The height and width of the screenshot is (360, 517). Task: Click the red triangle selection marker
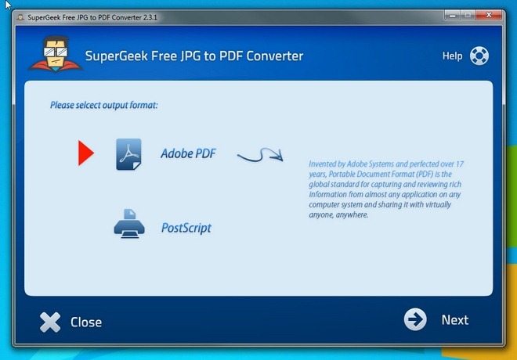click(x=85, y=153)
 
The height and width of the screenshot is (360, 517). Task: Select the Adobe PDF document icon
click(x=128, y=154)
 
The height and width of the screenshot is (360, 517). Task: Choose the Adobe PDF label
click(x=188, y=153)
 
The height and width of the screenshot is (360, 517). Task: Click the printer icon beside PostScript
click(x=129, y=224)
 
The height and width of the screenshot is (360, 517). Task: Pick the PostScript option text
click(x=186, y=228)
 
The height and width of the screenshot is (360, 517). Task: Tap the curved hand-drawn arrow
click(x=261, y=156)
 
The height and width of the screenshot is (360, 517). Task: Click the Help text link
click(x=453, y=56)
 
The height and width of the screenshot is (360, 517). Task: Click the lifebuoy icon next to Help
click(x=479, y=56)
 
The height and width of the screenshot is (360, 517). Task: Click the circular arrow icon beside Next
click(x=415, y=319)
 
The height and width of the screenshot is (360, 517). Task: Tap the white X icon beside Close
click(x=50, y=322)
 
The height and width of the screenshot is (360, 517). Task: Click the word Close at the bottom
click(x=86, y=322)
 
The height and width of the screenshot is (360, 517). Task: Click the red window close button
click(x=490, y=15)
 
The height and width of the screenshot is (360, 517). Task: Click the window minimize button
click(x=453, y=15)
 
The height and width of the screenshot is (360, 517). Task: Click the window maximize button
click(x=468, y=15)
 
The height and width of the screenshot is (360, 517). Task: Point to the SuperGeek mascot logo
click(x=56, y=54)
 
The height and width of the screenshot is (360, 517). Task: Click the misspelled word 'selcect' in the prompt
click(x=89, y=105)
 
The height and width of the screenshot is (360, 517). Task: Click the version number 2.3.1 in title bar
click(x=150, y=17)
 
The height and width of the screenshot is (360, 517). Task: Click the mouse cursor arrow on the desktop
click(x=8, y=5)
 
